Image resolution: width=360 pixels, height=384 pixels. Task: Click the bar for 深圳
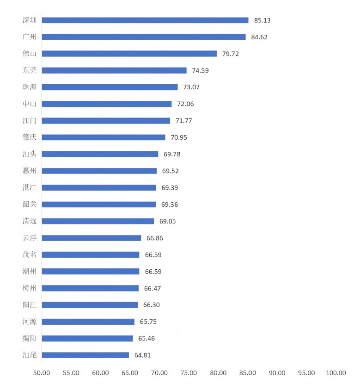click(x=145, y=20)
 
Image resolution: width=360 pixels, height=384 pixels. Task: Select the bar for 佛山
click(x=129, y=54)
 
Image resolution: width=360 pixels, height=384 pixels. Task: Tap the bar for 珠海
click(x=110, y=87)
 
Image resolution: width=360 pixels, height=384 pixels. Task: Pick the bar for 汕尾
click(x=85, y=355)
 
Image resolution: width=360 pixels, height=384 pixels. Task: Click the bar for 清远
click(x=98, y=221)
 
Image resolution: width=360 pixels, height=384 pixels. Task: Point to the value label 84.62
click(x=259, y=37)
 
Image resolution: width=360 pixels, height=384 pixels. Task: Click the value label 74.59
click(x=200, y=70)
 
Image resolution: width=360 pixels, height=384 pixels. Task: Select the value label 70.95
click(x=179, y=137)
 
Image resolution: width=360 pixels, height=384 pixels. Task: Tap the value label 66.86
click(x=154, y=238)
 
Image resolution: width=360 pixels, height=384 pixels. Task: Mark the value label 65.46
click(x=146, y=338)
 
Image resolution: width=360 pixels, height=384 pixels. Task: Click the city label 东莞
click(x=29, y=70)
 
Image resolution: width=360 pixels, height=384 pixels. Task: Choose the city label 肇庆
click(x=29, y=137)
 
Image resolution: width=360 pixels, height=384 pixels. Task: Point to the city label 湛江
click(x=29, y=187)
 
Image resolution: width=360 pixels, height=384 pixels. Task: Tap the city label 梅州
click(x=29, y=288)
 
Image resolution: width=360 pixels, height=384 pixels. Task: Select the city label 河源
click(x=29, y=322)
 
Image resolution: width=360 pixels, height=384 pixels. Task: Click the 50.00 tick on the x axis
click(x=42, y=373)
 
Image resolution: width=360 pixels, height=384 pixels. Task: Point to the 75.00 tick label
click(x=189, y=373)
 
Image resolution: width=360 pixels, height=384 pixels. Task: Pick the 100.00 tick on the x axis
click(x=336, y=373)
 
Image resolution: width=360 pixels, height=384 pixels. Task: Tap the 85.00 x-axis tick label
click(x=248, y=373)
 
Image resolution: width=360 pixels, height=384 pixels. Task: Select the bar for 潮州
click(x=91, y=271)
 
